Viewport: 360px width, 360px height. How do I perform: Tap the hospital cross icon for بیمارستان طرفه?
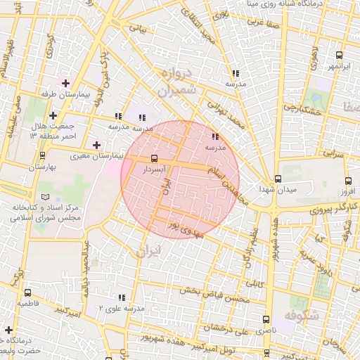[65, 84]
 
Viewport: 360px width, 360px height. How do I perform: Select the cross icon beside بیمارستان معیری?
[96, 145]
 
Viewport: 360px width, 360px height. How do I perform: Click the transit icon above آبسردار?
[155, 158]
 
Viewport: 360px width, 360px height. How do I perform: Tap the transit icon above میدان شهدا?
[278, 179]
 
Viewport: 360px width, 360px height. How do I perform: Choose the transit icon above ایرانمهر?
[340, 55]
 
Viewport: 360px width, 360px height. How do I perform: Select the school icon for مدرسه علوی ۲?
[122, 297]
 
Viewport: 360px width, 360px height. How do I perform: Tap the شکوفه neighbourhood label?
[323, 316]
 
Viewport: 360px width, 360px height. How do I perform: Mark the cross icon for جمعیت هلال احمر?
[53, 115]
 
